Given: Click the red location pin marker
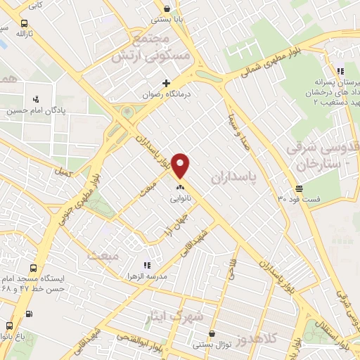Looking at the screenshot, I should [x=181, y=166].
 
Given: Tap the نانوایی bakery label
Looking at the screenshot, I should [x=180, y=199].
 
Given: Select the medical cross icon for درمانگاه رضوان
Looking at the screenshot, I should [x=166, y=83].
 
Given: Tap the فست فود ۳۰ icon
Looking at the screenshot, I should [x=300, y=188].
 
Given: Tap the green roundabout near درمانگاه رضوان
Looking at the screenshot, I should [x=127, y=112].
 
